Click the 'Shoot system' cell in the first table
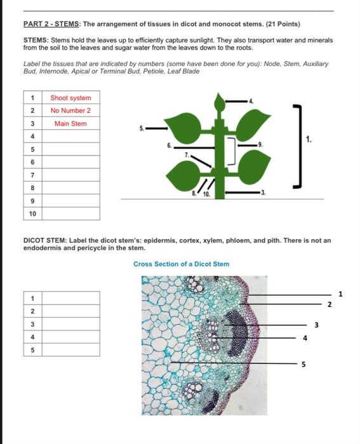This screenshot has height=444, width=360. [70, 98]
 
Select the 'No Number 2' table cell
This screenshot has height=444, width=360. [70, 110]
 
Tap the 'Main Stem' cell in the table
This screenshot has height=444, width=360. [70, 124]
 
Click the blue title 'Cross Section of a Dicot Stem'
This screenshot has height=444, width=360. [182, 264]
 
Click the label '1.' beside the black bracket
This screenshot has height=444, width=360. [309, 140]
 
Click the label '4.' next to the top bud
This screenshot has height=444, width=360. [251, 100]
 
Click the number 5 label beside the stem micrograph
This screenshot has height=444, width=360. [303, 364]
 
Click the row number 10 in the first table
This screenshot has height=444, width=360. [32, 214]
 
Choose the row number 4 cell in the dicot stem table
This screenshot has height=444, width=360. [32, 336]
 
